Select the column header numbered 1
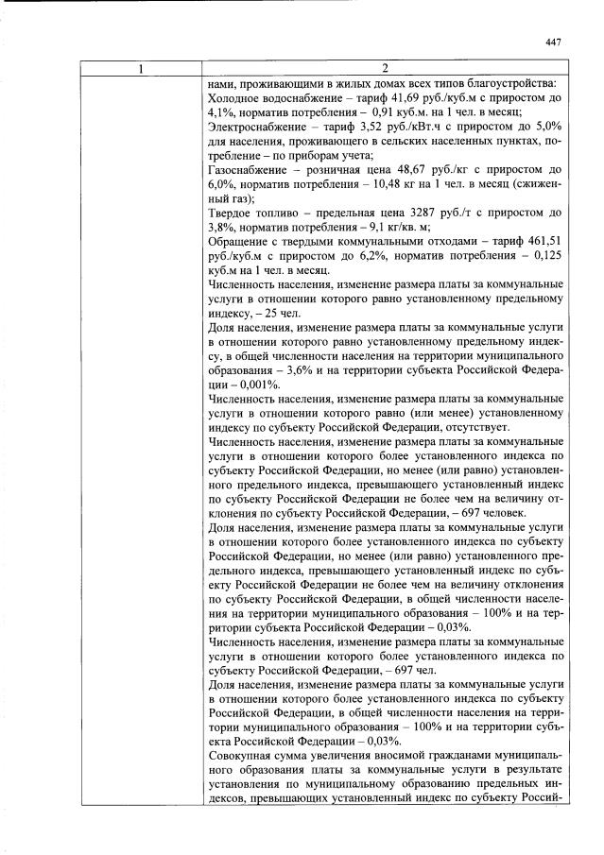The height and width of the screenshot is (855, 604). tap(140, 68)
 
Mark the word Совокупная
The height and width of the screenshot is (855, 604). tap(240, 756)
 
